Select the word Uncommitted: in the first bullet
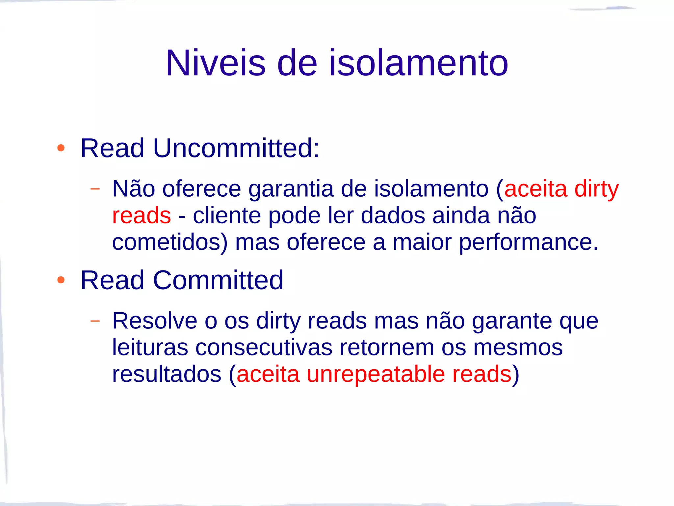[x=236, y=148]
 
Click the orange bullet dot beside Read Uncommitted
[x=61, y=148]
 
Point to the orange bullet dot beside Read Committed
[x=61, y=280]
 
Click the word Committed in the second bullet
[x=218, y=280]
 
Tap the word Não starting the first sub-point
[x=134, y=189]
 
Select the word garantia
[x=291, y=189]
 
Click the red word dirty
[x=596, y=189]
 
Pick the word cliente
[x=227, y=216]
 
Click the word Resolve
[x=155, y=321]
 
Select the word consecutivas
[x=264, y=348]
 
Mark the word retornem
[x=387, y=348]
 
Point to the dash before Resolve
[x=95, y=321]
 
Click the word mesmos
[x=518, y=348]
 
